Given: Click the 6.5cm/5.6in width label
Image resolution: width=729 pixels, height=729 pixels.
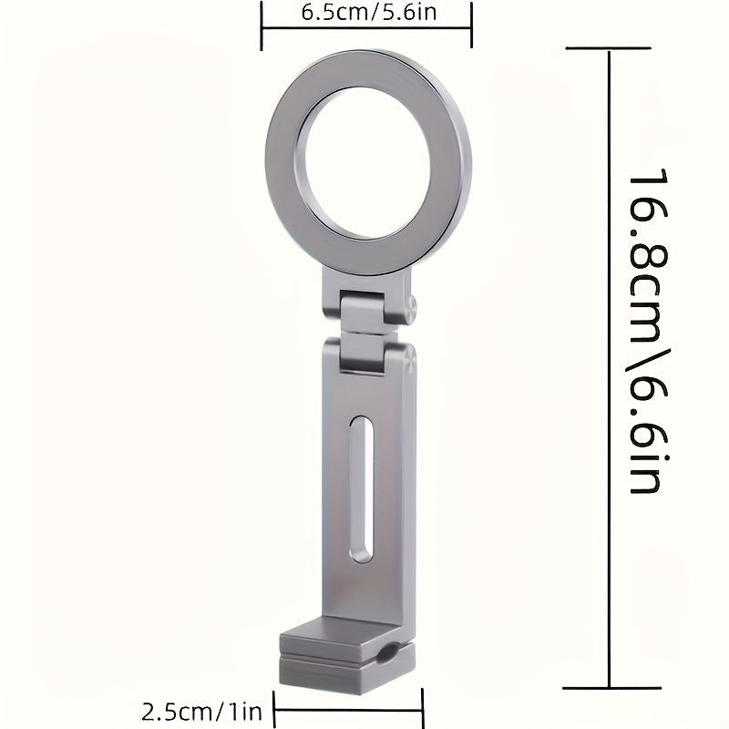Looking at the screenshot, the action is click(x=369, y=13).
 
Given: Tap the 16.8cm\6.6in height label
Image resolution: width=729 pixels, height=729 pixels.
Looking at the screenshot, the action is click(x=649, y=331).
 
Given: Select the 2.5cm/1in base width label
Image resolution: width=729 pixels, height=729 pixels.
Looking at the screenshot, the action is click(x=201, y=712).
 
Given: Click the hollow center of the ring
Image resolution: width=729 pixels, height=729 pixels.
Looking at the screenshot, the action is click(x=367, y=163).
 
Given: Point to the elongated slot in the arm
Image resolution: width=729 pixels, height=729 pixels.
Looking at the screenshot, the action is click(x=361, y=489).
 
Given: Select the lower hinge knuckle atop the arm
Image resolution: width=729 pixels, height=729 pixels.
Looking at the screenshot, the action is click(x=362, y=354).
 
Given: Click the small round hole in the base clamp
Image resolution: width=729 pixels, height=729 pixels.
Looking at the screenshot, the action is click(x=386, y=653).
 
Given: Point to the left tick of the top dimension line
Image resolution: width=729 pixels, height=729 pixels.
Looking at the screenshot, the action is click(x=262, y=26).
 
